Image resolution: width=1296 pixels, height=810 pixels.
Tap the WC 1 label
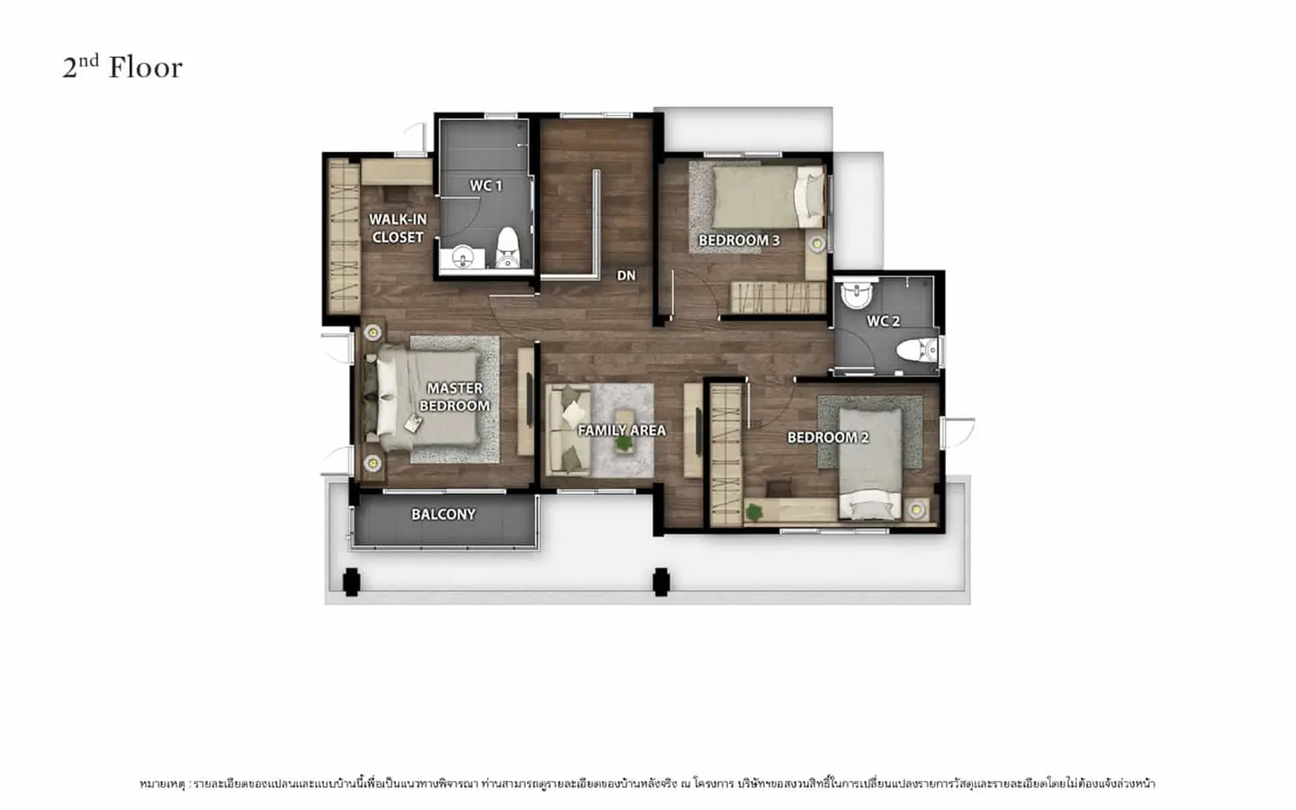[x=486, y=185]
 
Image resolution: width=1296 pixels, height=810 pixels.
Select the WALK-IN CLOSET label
[x=398, y=228]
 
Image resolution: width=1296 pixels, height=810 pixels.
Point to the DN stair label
[x=626, y=275]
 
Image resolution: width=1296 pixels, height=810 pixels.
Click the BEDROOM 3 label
[x=739, y=240]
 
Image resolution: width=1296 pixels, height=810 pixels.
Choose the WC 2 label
[x=883, y=321]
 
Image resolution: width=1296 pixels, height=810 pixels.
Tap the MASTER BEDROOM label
[x=454, y=397]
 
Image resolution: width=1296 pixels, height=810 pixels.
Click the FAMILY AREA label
[x=622, y=430]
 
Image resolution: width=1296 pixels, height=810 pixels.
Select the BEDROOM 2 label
[x=828, y=437]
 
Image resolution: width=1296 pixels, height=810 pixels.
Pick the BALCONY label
[x=444, y=514]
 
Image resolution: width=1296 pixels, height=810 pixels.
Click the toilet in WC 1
[x=508, y=248]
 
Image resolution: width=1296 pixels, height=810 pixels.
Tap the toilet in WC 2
[x=917, y=350]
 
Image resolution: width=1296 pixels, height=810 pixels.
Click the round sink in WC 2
[x=856, y=294]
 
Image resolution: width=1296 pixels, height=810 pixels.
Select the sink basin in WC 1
[x=463, y=257]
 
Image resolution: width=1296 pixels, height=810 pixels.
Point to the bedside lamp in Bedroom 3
[x=817, y=244]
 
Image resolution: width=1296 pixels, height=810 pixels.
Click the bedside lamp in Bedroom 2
[x=916, y=509]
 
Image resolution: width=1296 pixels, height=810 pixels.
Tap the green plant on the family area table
[x=624, y=443]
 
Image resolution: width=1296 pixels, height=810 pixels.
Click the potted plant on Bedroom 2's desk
[x=752, y=511]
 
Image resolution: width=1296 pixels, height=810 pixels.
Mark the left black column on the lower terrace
[x=352, y=582]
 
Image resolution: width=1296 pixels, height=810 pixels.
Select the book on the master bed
[x=412, y=424]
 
